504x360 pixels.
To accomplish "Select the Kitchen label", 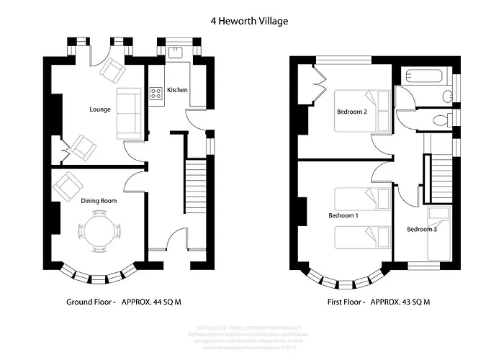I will pyautogui.click(x=178, y=90).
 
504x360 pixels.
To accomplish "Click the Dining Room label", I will pyautogui.click(x=99, y=201).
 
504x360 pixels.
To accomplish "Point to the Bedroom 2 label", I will pyautogui.click(x=352, y=112).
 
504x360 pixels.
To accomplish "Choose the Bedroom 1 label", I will pyautogui.click(x=343, y=215).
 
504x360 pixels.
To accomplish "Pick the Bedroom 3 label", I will pyautogui.click(x=421, y=229).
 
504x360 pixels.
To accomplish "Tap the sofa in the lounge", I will pyautogui.click(x=129, y=114).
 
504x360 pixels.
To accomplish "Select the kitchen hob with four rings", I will pyautogui.click(x=156, y=93).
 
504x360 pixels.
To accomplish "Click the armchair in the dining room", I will pyautogui.click(x=69, y=188).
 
